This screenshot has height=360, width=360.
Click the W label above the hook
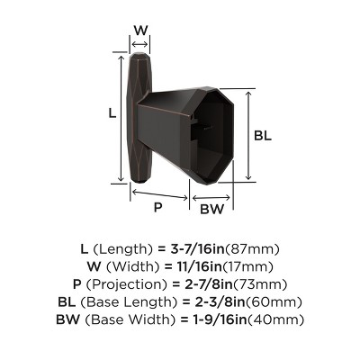tap(140, 30)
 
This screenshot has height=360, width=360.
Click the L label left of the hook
tap(112, 115)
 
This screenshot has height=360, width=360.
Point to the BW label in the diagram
tap(211, 210)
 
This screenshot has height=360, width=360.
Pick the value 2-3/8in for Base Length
tap(239, 303)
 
